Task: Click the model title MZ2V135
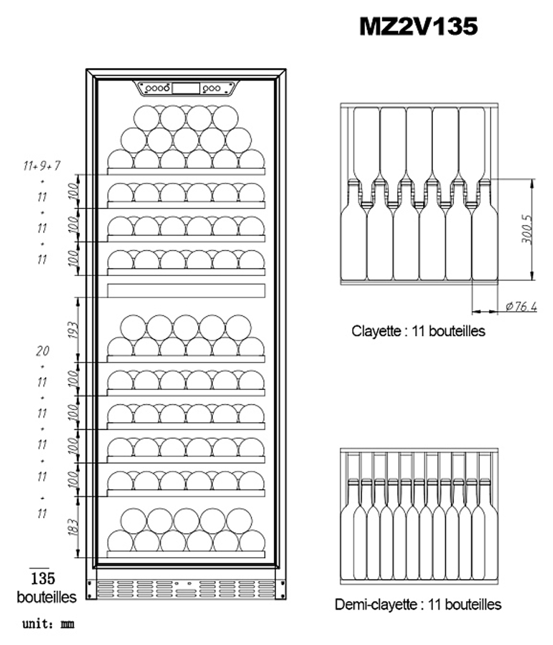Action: click(x=419, y=26)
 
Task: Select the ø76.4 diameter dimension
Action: click(x=521, y=308)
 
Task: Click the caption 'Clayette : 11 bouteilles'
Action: click(x=418, y=331)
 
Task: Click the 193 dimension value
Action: click(x=74, y=330)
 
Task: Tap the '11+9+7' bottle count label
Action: click(x=43, y=165)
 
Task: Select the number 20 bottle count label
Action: click(x=43, y=350)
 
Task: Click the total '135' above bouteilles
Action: click(x=43, y=579)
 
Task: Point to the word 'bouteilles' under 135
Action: click(x=46, y=597)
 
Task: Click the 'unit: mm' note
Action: click(x=48, y=625)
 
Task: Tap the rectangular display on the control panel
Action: click(x=186, y=89)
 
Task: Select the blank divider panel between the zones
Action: click(x=186, y=290)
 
